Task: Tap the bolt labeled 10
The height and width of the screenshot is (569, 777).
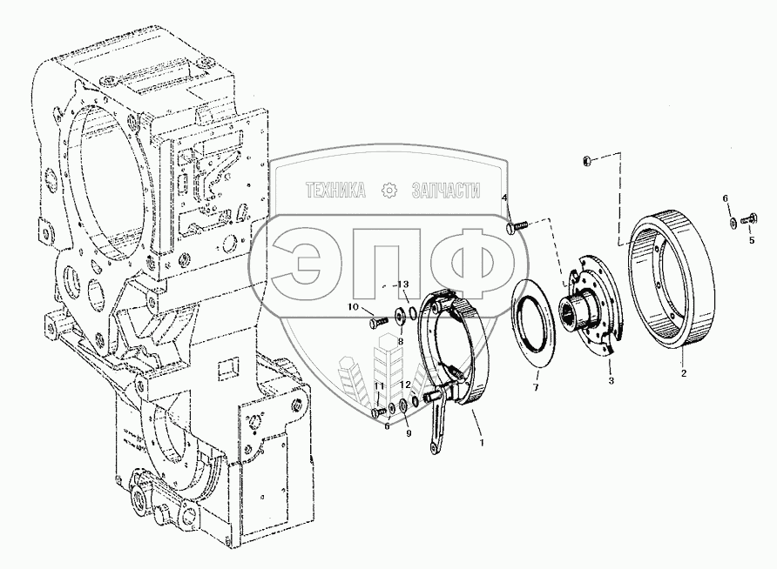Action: pos(377,322)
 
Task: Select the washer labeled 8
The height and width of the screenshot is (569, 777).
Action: pos(400,316)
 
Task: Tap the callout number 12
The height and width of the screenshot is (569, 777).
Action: pos(405,385)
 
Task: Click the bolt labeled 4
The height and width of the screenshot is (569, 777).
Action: pos(517,228)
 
